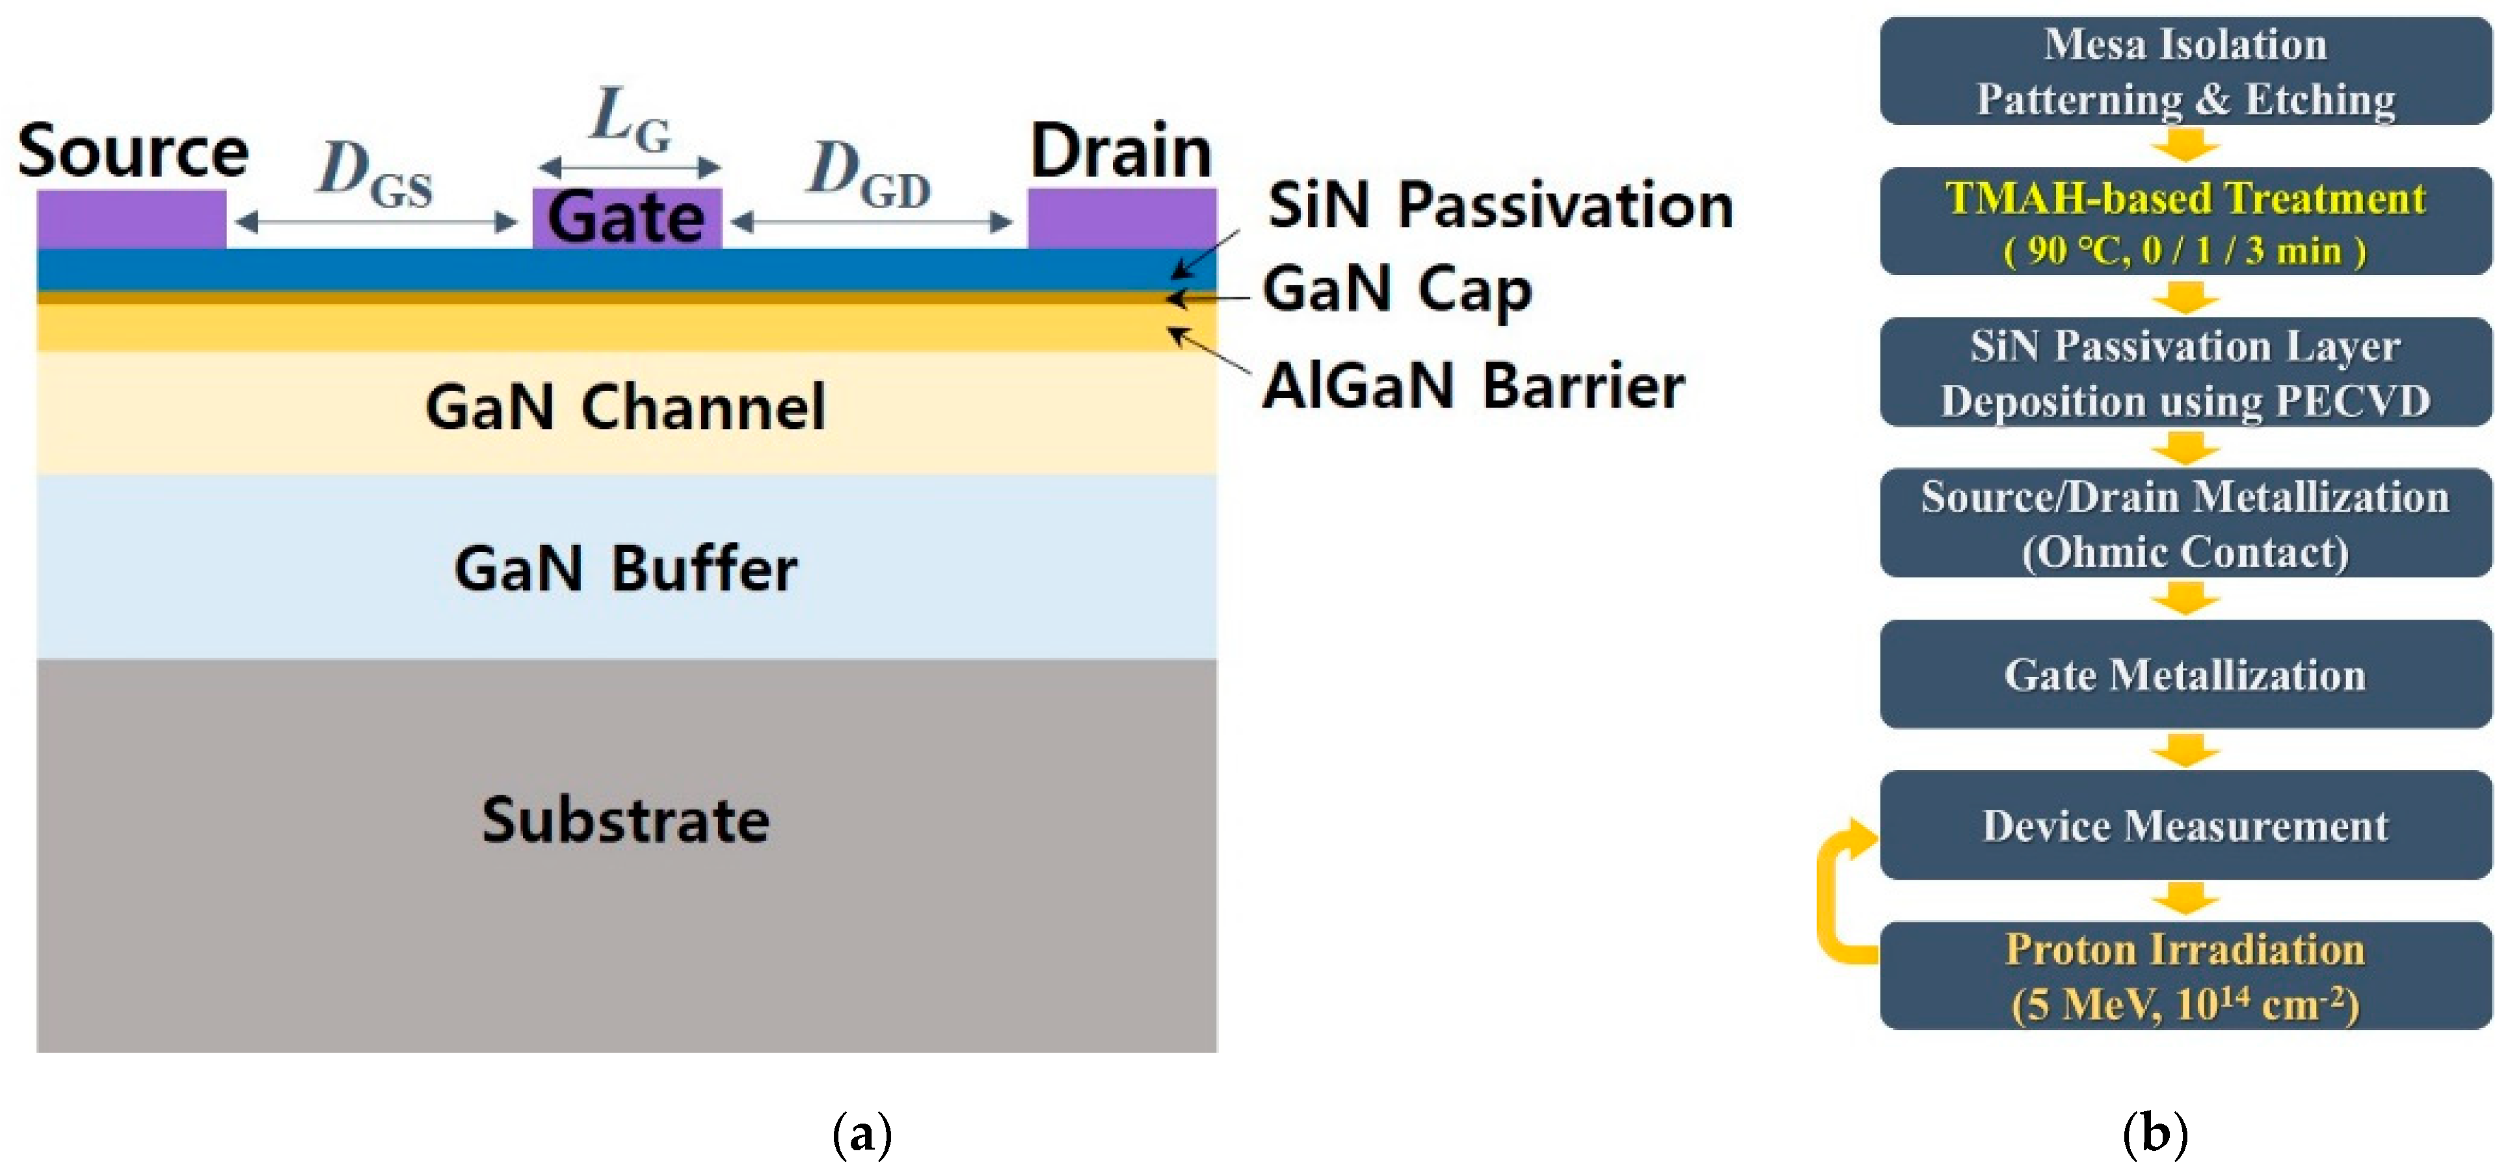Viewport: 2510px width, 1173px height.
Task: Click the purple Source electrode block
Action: (131, 219)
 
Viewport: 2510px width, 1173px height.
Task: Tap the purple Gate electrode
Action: (626, 217)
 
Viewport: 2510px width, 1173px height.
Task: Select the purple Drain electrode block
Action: (1121, 219)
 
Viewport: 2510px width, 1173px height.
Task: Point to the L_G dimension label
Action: (630, 122)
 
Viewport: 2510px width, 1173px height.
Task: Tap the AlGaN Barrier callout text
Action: (1473, 386)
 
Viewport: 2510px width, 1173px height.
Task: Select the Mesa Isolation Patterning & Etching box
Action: (2185, 71)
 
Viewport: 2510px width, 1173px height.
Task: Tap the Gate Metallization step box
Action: (2185, 674)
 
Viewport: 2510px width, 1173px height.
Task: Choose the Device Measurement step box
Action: (2185, 825)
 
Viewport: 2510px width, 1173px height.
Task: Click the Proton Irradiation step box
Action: (2185, 976)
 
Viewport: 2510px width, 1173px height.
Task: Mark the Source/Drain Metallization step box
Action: (2185, 524)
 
